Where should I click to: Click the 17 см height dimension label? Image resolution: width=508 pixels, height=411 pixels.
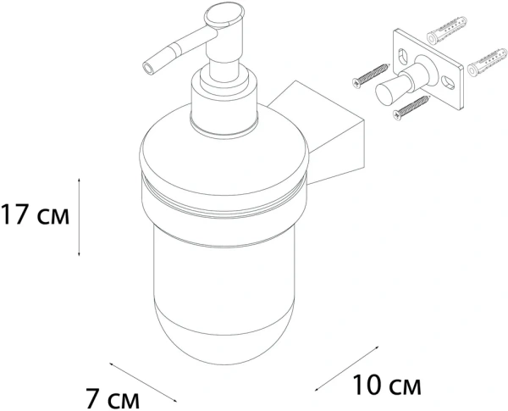click(35, 214)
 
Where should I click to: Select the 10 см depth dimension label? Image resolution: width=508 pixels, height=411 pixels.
click(387, 385)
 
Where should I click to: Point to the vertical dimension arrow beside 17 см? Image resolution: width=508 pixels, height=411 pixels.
click(79, 217)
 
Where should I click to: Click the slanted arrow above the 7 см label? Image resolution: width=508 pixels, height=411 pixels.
click(143, 382)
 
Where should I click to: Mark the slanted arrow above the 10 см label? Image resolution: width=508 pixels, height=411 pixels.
click(346, 369)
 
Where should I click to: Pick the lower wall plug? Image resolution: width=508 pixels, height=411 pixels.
click(488, 63)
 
